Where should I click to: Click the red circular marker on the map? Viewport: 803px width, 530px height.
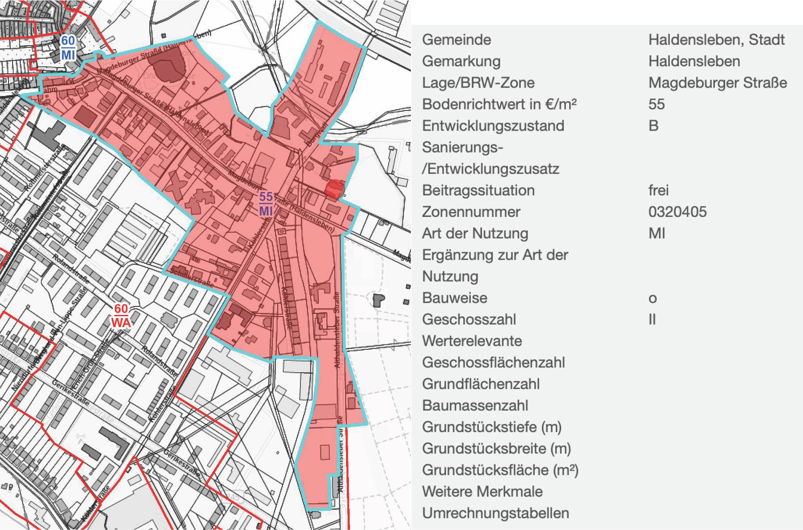334,189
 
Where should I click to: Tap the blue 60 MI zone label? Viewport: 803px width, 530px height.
68,48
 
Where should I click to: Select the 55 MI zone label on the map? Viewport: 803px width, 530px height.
266,204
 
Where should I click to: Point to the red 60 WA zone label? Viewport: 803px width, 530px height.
121,316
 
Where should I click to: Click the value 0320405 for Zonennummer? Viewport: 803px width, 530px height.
677,212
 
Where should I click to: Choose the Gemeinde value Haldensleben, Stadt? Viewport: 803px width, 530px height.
716,39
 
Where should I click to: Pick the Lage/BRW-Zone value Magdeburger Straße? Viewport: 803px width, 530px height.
718,83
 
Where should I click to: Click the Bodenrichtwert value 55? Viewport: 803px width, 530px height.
656,104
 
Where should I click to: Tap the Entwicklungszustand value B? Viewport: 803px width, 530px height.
653,126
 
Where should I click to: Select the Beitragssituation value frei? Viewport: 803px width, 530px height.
659,190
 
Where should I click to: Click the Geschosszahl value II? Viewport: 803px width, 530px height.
652,319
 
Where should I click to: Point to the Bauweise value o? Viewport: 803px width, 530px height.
653,298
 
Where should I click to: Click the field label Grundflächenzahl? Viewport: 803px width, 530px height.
481,384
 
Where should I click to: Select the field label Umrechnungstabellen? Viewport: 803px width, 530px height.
495,513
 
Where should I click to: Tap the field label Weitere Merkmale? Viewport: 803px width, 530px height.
482,492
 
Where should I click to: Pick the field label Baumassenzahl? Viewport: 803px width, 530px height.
475,405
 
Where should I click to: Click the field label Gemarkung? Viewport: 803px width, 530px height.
461,61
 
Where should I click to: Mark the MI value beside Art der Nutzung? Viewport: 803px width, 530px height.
657,233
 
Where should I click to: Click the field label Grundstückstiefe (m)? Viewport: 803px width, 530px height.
491,427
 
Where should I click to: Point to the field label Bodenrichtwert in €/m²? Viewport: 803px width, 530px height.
499,104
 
